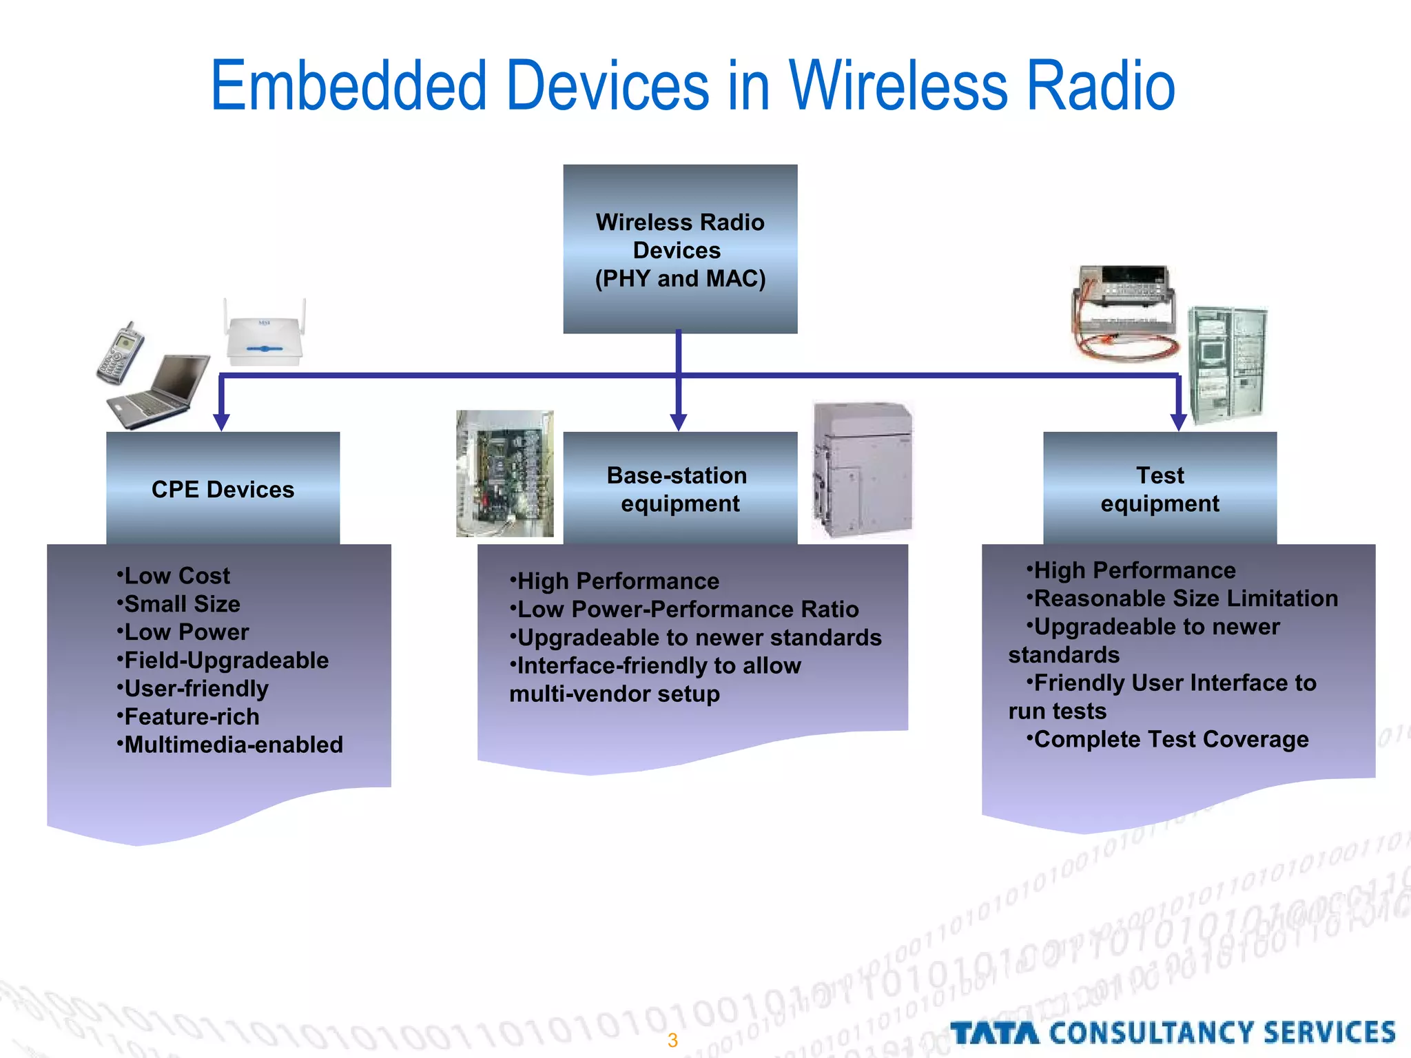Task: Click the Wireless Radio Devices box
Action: (x=680, y=249)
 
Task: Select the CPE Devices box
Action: (x=223, y=488)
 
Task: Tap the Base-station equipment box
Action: (x=680, y=488)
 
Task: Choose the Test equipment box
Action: (x=1160, y=488)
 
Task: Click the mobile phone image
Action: (x=120, y=353)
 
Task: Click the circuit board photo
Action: (x=505, y=473)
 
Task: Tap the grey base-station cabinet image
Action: (x=862, y=470)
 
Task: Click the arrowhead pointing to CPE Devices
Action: (x=221, y=422)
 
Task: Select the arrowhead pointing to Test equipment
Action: (x=1178, y=422)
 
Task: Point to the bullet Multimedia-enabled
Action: (x=233, y=745)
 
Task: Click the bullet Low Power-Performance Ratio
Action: (x=687, y=609)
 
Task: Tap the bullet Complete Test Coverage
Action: (x=1171, y=739)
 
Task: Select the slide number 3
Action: (x=672, y=1040)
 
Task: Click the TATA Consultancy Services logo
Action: (x=1173, y=1033)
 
